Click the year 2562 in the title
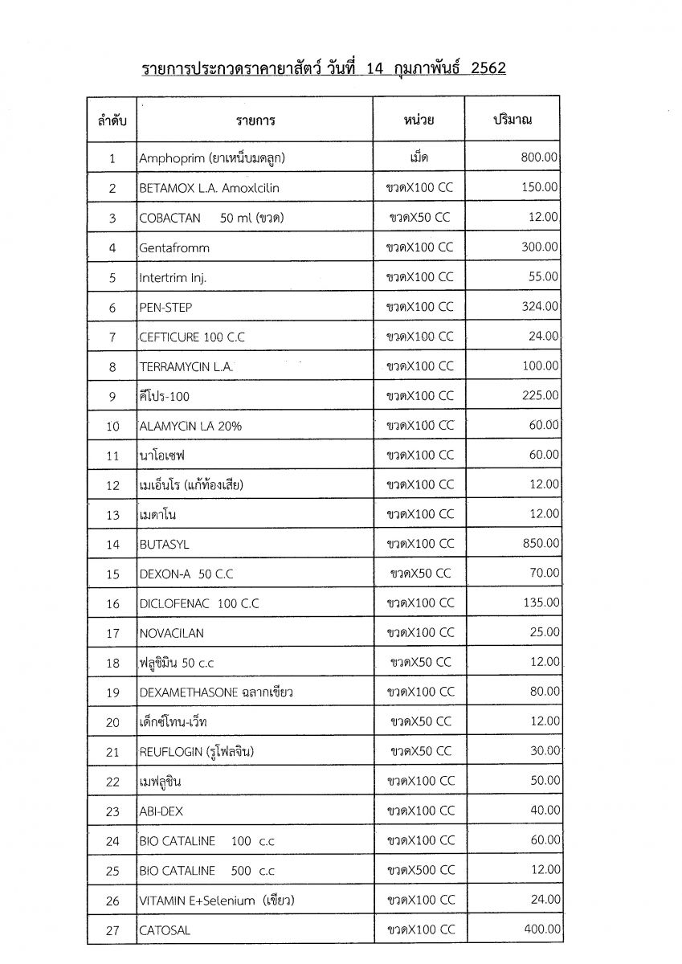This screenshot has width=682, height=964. point(484,68)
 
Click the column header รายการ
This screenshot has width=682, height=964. point(255,121)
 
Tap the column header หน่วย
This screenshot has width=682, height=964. point(419,120)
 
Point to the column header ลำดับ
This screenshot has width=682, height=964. point(112,121)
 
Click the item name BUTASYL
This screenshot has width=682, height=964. point(165,545)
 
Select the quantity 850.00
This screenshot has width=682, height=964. point(540,544)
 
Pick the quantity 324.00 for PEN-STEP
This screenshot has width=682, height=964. point(540,307)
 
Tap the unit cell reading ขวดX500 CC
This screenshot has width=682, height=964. point(419,870)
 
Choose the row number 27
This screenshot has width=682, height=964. point(112,931)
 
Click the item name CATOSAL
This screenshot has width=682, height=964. point(165,931)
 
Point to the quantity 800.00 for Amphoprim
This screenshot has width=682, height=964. point(540,158)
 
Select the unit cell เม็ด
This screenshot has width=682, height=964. point(419,158)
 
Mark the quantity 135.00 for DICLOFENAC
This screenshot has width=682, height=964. point(540,602)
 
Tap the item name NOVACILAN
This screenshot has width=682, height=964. point(172,633)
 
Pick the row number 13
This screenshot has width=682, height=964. point(112,515)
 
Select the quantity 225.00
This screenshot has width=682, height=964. point(540,395)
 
